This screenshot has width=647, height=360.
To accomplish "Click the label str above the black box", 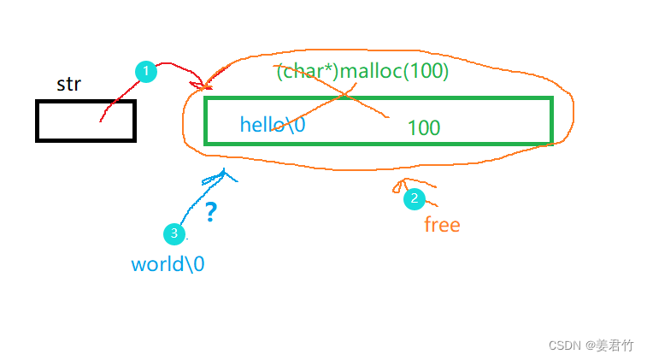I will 68,84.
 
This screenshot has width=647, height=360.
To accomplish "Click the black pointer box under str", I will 85,121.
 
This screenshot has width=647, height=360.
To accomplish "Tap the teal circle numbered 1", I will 147,72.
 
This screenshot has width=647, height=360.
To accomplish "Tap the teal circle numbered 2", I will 415,198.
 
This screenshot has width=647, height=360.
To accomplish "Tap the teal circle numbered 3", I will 174,233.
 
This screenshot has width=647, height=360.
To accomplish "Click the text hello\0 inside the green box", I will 273,124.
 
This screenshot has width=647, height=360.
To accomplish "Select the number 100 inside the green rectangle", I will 423,128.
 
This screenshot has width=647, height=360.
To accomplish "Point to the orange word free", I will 442,225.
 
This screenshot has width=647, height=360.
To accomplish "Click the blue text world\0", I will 168,263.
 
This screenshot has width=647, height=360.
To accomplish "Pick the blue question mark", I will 210,212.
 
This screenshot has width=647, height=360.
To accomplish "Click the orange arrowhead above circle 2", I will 398,186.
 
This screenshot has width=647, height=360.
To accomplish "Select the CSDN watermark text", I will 564,345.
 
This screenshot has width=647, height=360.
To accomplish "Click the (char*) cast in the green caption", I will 306,72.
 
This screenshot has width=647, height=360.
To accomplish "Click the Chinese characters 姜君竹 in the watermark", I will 615,345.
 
